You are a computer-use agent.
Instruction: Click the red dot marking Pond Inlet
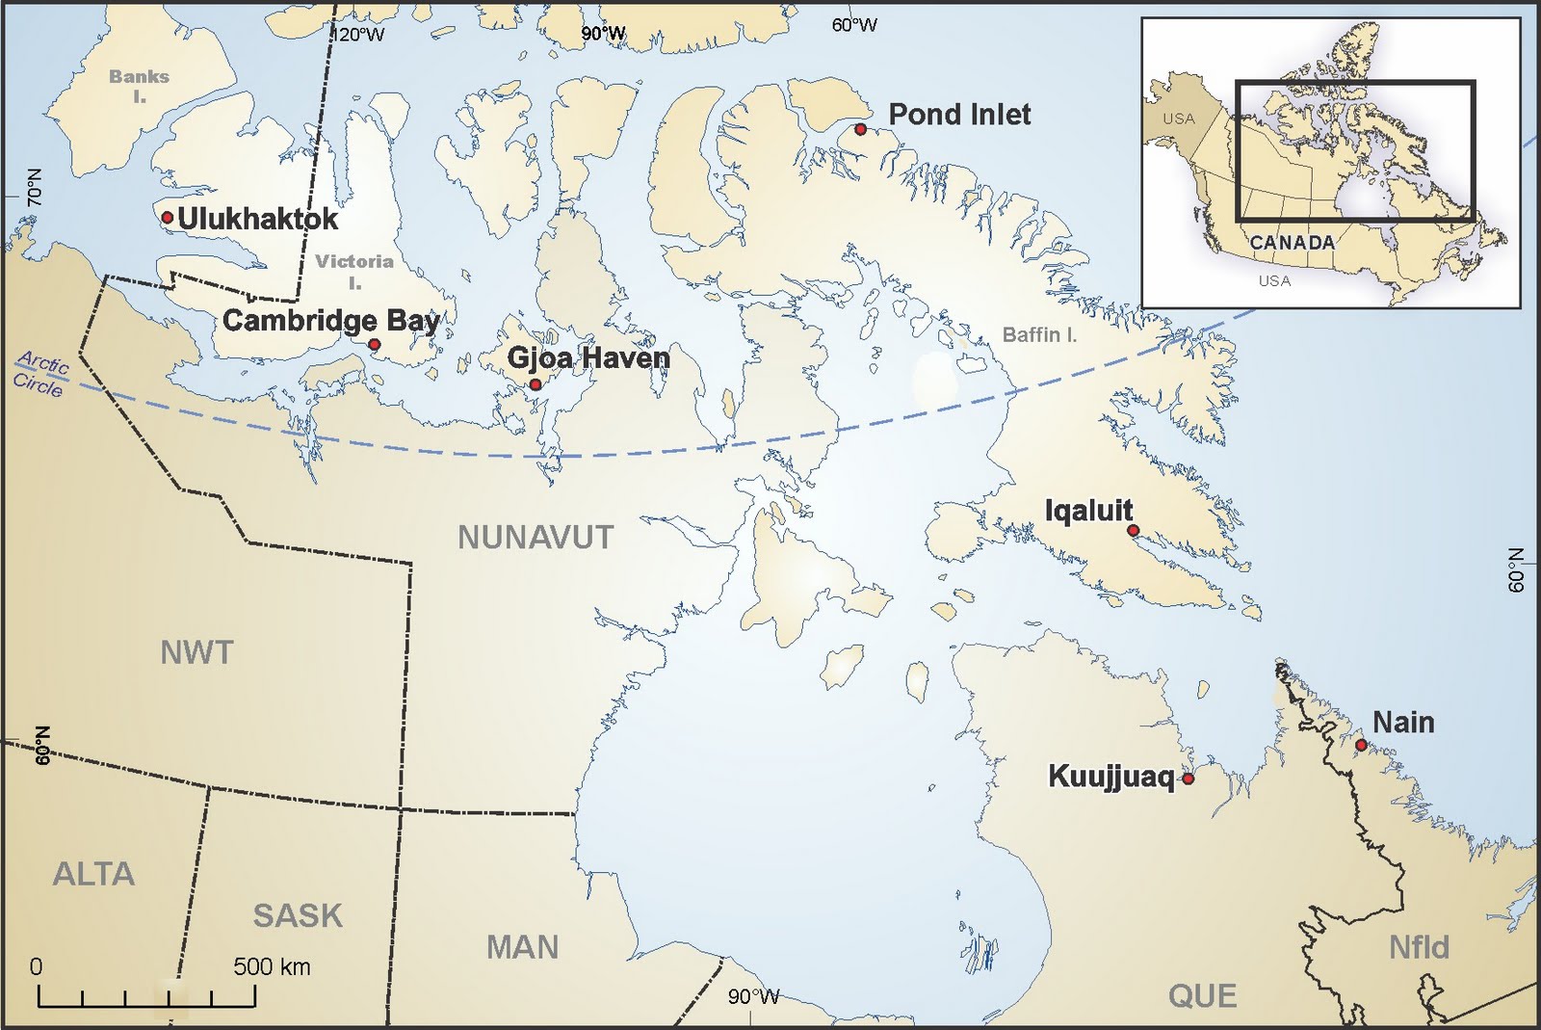860,129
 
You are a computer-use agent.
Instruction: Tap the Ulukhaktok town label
257,219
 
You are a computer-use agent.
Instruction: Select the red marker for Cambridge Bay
374,344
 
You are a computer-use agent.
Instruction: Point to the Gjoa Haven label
588,357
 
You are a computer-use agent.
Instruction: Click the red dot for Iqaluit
1133,530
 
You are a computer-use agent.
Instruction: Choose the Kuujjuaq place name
1110,777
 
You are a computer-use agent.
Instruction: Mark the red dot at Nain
1360,745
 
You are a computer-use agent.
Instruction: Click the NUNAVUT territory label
535,538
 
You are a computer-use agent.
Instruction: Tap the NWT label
196,653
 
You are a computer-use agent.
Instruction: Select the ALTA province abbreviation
93,874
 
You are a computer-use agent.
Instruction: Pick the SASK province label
298,915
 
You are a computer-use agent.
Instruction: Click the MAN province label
522,947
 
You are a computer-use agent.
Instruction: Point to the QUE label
1202,995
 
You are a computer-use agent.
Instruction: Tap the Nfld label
1419,947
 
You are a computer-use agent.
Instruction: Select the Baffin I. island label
1039,335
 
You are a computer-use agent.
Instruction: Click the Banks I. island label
139,85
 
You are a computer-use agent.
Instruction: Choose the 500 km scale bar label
272,966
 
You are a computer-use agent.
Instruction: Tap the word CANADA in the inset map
1292,243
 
